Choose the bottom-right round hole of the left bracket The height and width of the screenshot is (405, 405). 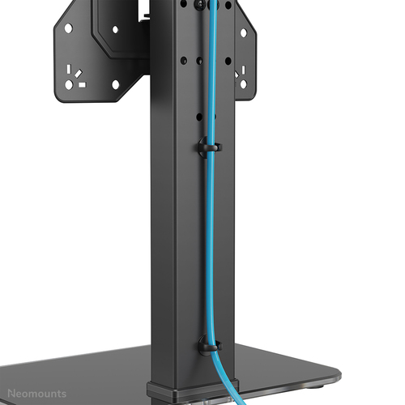click(x=115, y=83)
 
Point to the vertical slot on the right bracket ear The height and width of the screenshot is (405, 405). click(x=242, y=72)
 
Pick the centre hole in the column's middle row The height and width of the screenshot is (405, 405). click(x=198, y=59)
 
